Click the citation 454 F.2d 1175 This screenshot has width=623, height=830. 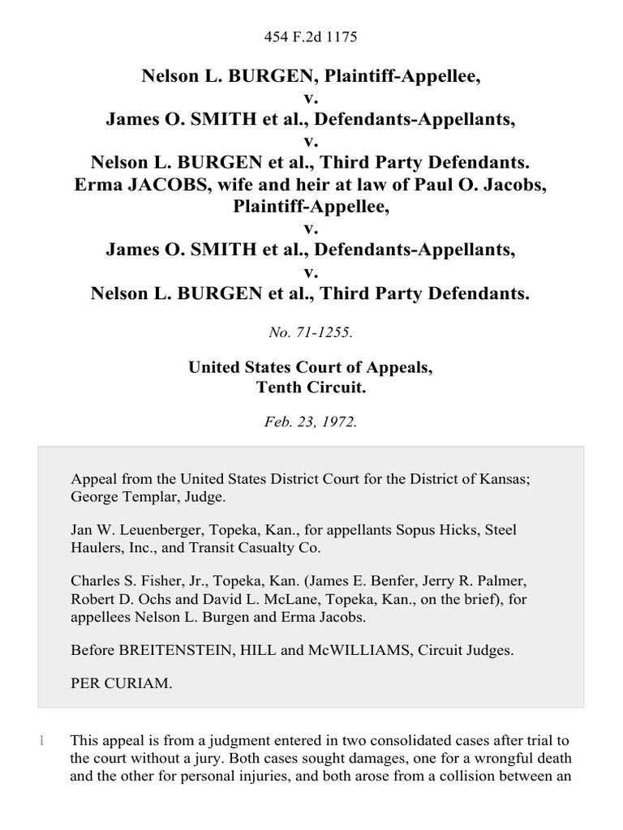(x=311, y=36)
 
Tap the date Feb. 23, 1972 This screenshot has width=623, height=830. (x=311, y=422)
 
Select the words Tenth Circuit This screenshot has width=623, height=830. (x=311, y=387)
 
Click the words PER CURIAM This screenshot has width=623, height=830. (x=121, y=683)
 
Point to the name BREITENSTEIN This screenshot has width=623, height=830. (x=165, y=648)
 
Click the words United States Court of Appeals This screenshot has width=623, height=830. (x=311, y=367)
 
